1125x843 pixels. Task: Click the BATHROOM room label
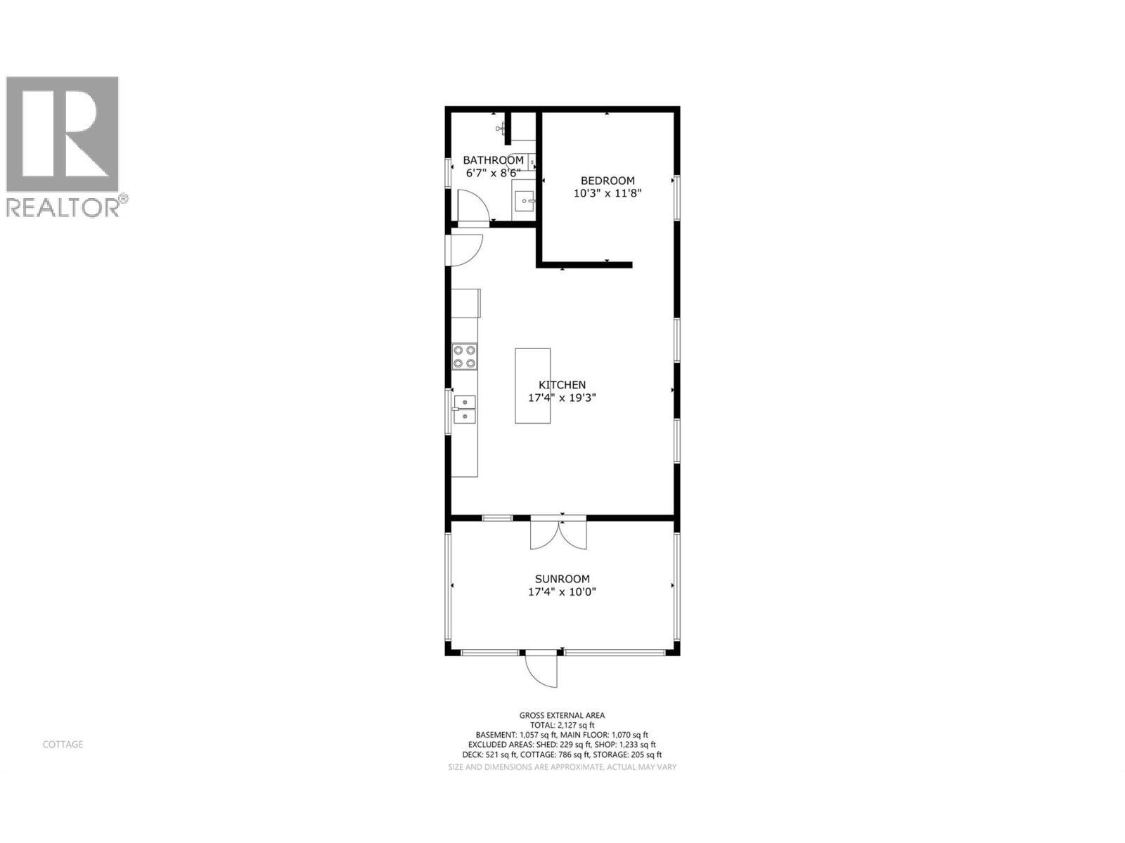[x=493, y=160]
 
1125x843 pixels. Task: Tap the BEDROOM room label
[x=607, y=181]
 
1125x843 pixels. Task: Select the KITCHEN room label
[x=562, y=385]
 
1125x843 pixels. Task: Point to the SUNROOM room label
[x=562, y=579]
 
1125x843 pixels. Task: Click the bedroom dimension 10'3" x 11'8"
[x=607, y=193]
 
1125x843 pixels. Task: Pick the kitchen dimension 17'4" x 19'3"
[x=562, y=398]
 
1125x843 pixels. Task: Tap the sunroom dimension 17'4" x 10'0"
[x=562, y=592]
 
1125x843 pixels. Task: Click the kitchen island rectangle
[x=532, y=386]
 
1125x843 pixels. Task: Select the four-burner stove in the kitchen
[x=464, y=356]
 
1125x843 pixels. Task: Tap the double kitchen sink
[x=464, y=409]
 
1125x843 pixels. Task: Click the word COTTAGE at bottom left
[x=63, y=744]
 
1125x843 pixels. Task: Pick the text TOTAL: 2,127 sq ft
[x=562, y=725]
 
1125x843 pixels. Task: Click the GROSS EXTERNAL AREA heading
[x=562, y=715]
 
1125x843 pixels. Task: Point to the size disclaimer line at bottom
[x=562, y=767]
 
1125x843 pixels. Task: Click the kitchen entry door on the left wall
[x=464, y=249]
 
